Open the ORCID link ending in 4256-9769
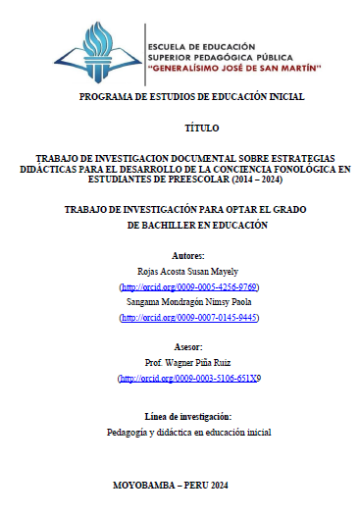187,286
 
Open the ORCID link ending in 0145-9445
187,318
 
